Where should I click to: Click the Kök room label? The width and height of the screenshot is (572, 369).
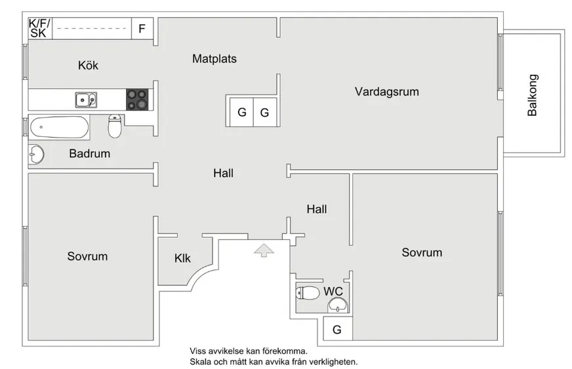tap(88, 66)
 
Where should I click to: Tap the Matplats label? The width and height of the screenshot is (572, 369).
tap(214, 58)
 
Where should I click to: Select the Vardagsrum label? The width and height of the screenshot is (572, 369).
tap(387, 92)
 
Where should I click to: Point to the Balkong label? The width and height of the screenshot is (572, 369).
tap(533, 95)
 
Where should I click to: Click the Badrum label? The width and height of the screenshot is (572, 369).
tap(90, 154)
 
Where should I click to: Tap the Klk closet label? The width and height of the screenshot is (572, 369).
tap(182, 258)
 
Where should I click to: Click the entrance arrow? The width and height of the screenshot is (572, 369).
tap(263, 249)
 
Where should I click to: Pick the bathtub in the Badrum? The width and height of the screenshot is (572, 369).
tap(60, 127)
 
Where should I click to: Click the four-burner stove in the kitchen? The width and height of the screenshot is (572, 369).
tap(138, 100)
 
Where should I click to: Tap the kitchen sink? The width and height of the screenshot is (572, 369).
tap(85, 100)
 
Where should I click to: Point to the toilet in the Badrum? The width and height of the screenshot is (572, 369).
tap(115, 126)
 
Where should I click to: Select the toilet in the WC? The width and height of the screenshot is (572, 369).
tap(308, 292)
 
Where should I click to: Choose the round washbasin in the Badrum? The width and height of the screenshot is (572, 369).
tap(36, 154)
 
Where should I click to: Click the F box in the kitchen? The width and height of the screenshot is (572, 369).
tap(142, 29)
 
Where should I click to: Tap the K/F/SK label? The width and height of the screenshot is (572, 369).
tap(39, 28)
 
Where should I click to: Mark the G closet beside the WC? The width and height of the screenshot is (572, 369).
tap(337, 330)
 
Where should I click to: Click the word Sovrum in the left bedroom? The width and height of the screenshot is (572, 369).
tap(87, 256)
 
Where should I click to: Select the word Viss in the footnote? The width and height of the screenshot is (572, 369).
tap(198, 351)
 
